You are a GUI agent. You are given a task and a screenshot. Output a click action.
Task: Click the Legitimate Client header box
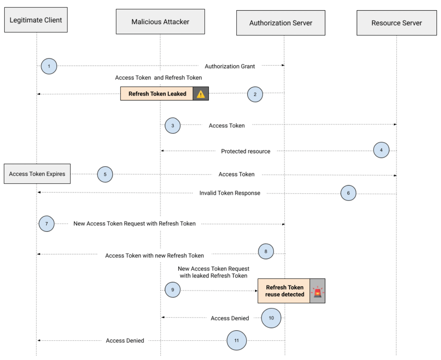36,20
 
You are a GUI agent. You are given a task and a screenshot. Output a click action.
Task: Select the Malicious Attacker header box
160,22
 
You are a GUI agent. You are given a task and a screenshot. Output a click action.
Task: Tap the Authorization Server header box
281,23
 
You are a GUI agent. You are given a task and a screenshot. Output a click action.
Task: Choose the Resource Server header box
396,23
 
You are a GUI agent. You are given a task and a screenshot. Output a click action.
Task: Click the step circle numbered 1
49,66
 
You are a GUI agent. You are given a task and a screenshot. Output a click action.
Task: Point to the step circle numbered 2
255,94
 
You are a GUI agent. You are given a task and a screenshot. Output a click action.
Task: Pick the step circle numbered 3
173,125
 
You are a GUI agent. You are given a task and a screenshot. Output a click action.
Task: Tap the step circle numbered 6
348,193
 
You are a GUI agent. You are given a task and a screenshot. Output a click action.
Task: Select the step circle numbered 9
173,290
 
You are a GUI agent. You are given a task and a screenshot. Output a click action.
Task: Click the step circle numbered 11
236,341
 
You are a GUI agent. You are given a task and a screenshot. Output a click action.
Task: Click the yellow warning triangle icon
201,94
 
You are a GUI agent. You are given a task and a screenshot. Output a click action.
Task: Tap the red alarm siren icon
317,291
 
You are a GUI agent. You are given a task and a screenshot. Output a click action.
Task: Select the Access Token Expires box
37,174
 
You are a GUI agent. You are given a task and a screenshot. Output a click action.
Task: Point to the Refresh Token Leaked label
157,94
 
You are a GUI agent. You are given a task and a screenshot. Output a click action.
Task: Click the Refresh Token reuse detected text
285,291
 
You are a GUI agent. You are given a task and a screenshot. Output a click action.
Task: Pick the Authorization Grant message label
230,66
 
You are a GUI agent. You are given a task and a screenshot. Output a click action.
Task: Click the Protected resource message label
245,151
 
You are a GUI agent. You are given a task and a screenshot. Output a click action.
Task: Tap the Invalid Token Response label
230,193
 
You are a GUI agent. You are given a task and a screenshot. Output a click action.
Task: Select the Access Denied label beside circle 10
230,318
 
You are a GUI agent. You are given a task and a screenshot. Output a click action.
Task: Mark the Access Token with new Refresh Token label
154,255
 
